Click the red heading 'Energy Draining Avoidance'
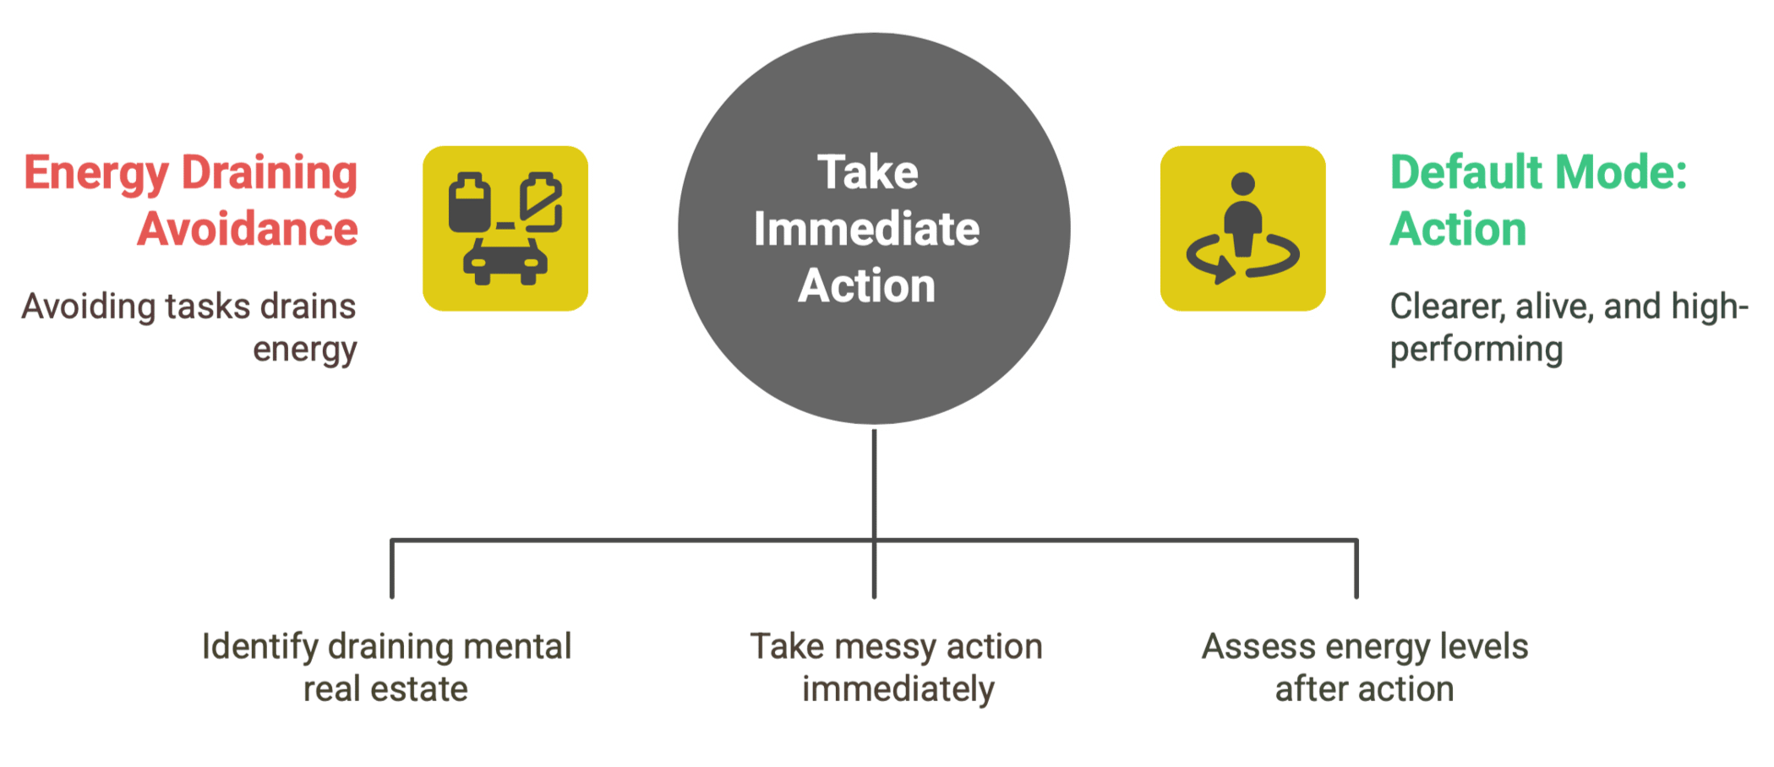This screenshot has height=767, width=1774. click(x=191, y=200)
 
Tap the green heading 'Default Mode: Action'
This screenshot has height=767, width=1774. click(x=1538, y=200)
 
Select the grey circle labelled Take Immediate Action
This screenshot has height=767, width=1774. click(x=874, y=229)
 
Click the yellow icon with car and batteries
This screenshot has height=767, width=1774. click(x=505, y=229)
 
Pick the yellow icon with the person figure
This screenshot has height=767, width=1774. click(x=1242, y=229)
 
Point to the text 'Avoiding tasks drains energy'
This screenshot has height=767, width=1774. click(x=189, y=328)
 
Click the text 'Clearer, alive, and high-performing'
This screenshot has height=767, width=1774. click(x=1569, y=328)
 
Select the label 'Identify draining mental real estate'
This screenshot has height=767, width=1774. click(x=386, y=667)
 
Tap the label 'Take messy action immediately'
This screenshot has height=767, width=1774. click(x=897, y=667)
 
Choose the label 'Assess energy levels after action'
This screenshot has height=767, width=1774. click(x=1365, y=667)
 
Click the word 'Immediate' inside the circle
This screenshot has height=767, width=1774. click(x=866, y=229)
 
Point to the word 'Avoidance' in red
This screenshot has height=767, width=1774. click(x=248, y=229)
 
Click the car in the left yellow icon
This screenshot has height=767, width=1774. click(x=505, y=262)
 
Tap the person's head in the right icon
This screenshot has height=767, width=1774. click(x=1243, y=184)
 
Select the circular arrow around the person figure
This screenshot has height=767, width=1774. click(x=1242, y=258)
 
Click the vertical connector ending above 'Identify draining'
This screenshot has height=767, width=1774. click(x=392, y=568)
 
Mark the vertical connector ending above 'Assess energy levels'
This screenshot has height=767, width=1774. click(x=1356, y=568)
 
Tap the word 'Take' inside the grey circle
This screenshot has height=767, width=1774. click(x=867, y=172)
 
